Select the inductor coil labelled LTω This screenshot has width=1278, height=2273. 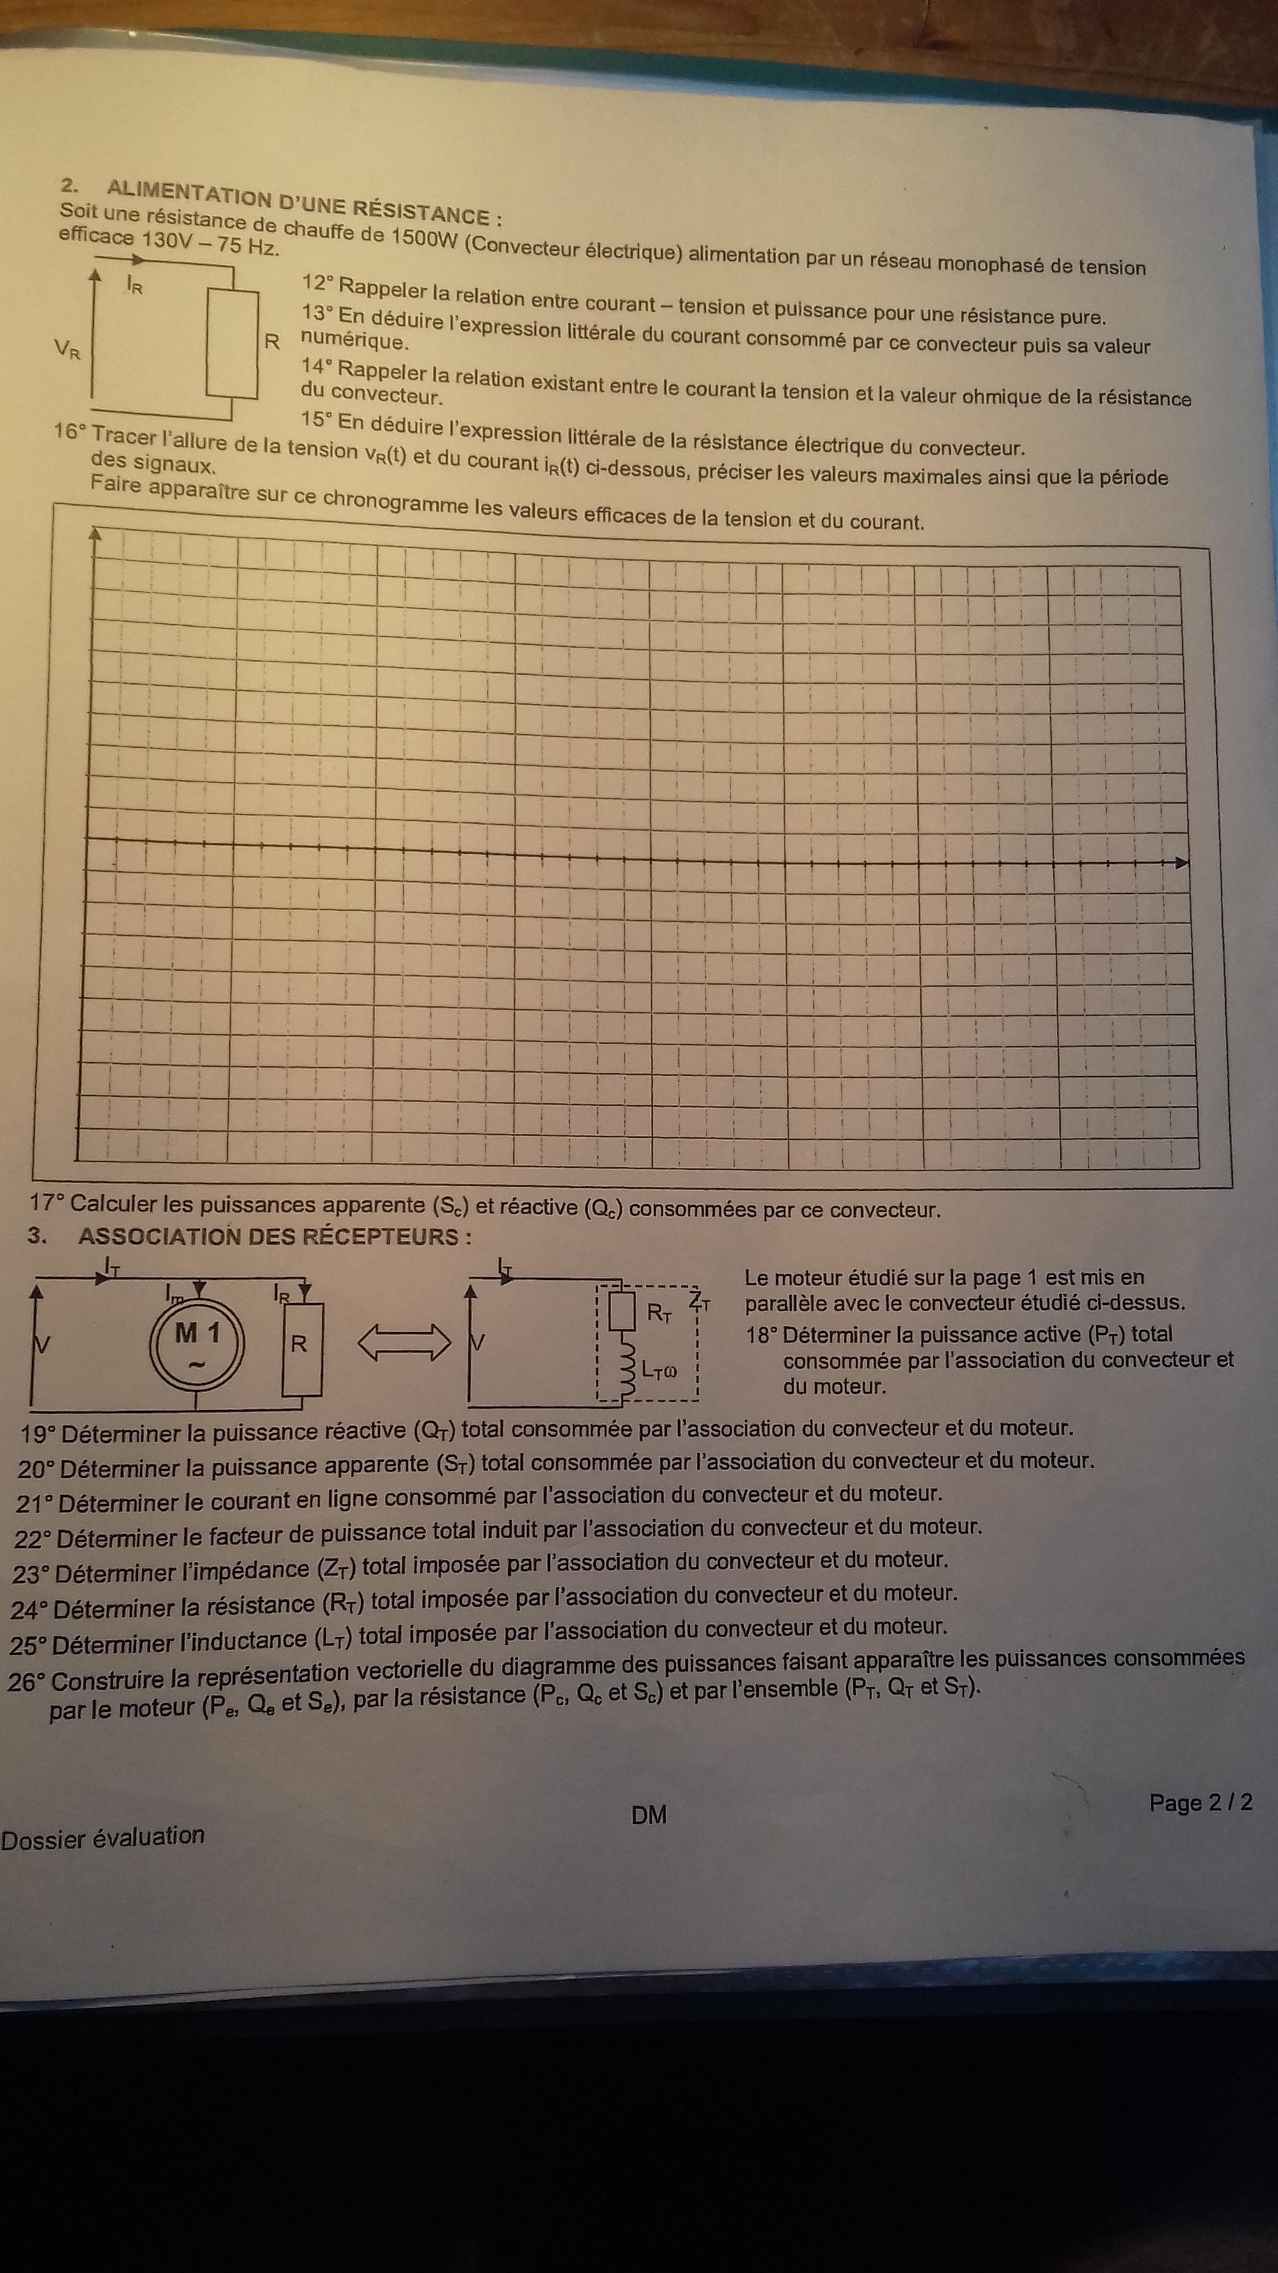tap(627, 1370)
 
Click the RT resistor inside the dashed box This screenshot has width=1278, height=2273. tap(623, 1312)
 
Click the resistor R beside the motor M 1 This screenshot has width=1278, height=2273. tap(300, 1345)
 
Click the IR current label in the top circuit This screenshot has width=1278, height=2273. tap(134, 285)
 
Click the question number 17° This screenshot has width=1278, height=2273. tap(47, 1203)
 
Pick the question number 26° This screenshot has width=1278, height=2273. tap(26, 1682)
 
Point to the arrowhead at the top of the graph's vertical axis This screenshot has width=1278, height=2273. tap(95, 533)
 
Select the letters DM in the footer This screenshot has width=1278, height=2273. tap(649, 1815)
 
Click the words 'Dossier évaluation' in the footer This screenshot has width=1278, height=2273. tap(103, 1837)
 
